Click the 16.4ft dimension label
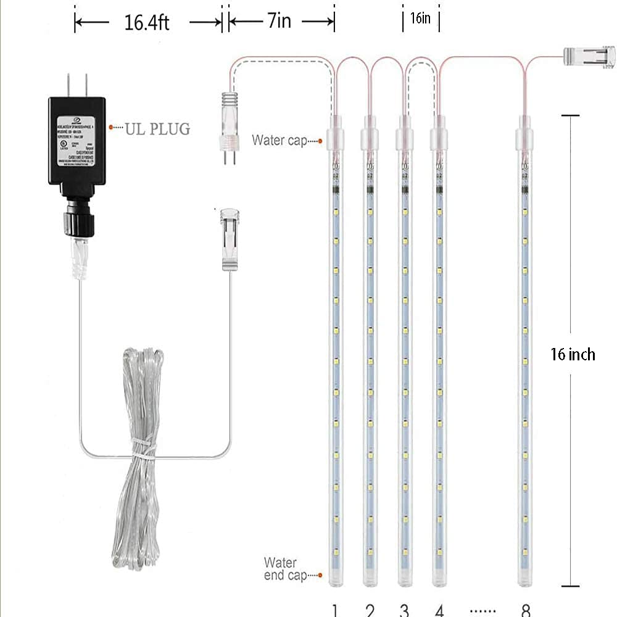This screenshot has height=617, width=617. coord(147,23)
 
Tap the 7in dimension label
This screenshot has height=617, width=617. coord(279,22)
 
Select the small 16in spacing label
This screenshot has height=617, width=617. coord(420,19)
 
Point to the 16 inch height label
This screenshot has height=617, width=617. coord(573,354)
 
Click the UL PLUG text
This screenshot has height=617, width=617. coord(157,129)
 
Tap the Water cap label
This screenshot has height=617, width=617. coord(278,140)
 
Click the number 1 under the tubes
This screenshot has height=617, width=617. coord(334,610)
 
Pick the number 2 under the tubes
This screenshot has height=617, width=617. coord(370,610)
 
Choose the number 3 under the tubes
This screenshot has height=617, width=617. coord(404,610)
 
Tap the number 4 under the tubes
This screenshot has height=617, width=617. coord(439,610)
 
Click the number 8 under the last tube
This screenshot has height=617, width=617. coord(525,610)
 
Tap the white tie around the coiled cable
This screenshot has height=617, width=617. coord(143,452)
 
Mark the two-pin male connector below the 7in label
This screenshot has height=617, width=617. coord(226,126)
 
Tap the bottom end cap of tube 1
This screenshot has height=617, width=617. coord(334,577)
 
